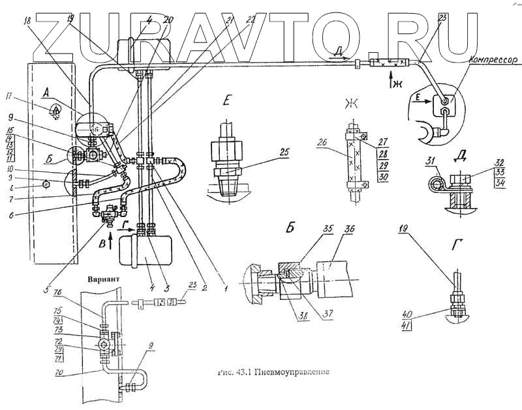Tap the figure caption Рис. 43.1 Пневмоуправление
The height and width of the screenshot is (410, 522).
pos(272,372)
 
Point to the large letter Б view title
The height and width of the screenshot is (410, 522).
pos(288,228)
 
